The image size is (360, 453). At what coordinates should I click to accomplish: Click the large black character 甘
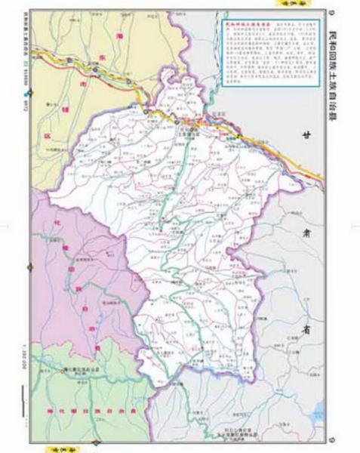(307, 137)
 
